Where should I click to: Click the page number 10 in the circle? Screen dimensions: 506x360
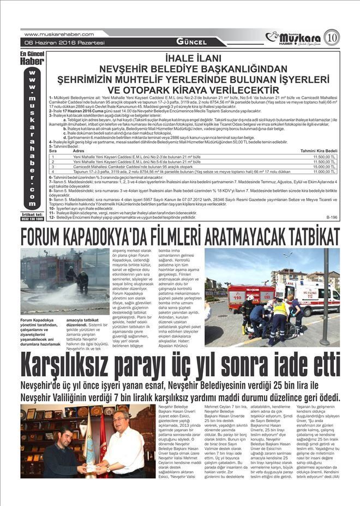point(332,38)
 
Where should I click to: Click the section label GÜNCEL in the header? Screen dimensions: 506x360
point(191,42)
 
